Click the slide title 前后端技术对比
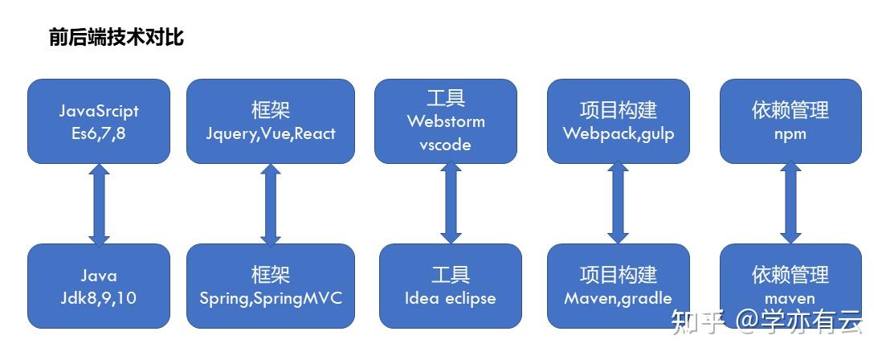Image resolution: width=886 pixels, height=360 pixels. point(116,38)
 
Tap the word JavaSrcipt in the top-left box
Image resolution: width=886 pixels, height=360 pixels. point(99,111)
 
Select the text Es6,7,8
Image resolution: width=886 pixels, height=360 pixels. point(99,135)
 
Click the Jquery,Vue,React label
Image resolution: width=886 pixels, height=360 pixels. point(271,134)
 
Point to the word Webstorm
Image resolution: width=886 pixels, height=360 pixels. point(446,121)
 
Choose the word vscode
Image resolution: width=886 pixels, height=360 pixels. point(445,145)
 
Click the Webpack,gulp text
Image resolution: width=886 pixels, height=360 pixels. point(619,134)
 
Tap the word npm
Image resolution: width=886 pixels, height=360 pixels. point(790,134)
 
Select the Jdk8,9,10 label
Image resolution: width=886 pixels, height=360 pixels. point(99,298)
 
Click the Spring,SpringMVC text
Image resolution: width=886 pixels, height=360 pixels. point(271,298)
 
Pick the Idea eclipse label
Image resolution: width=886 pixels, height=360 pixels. point(450,298)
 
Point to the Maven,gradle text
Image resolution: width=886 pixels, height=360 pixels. point(619,298)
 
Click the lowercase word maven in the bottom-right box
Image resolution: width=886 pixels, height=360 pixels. point(790,298)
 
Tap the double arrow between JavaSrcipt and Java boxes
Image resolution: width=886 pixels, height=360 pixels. point(99,204)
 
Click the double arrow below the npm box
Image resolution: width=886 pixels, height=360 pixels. point(790,202)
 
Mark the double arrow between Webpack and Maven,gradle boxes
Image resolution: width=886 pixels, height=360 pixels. point(619,202)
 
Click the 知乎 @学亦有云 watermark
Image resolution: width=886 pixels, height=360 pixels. point(767,321)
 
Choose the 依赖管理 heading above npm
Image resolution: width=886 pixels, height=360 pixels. point(790,110)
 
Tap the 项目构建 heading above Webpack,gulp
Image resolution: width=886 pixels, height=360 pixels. point(619,110)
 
